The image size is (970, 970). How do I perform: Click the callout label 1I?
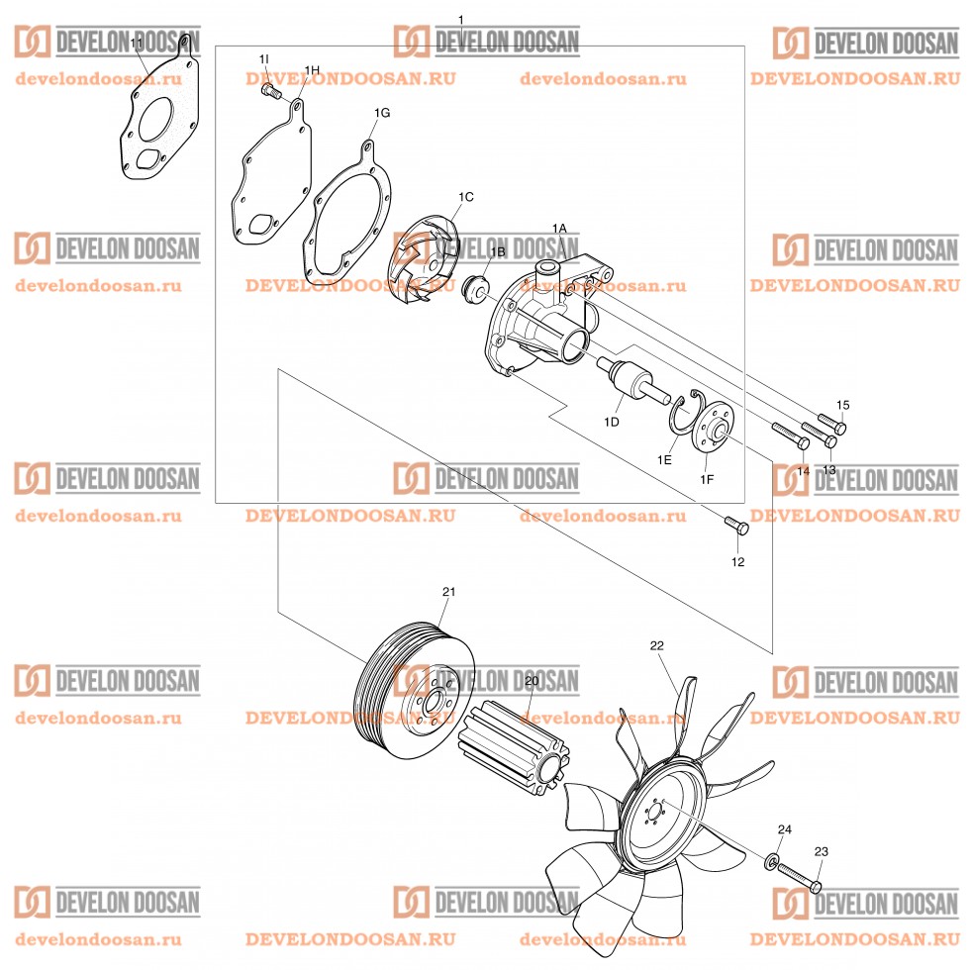(264, 60)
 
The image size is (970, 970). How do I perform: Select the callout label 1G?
(381, 113)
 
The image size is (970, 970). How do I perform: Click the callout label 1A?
(559, 228)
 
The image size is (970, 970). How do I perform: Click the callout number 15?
(843, 405)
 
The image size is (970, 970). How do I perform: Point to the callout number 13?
(829, 470)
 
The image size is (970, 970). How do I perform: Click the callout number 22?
(656, 644)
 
